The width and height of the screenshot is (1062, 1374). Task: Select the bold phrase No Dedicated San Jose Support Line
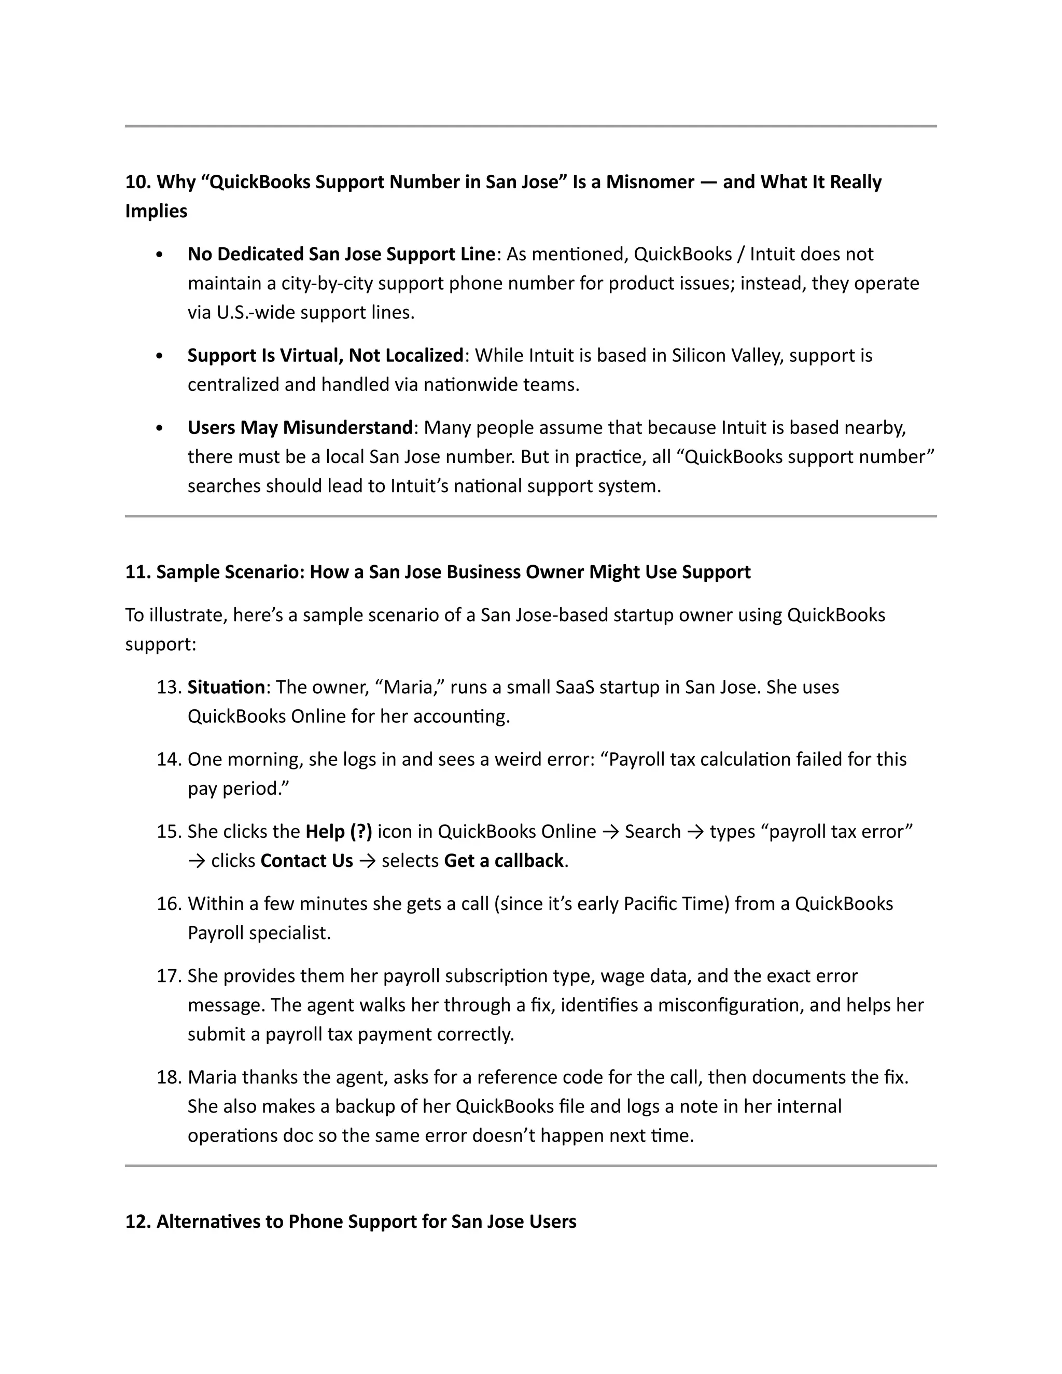[341, 254]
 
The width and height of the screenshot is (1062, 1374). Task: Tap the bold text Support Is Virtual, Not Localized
[325, 356]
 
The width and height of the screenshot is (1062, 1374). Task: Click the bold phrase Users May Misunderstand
[300, 428]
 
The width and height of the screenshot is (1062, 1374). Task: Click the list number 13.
[169, 687]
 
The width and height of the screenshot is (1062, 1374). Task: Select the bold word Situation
[226, 687]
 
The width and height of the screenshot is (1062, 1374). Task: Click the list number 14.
[169, 760]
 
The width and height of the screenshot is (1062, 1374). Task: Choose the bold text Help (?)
[339, 832]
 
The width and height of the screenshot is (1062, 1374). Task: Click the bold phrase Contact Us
[306, 861]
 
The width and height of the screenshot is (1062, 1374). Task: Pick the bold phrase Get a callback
[504, 861]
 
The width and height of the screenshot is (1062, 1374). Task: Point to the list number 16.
[169, 904]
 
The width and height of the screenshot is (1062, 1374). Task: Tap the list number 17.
[169, 976]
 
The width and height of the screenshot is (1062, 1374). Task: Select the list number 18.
[169, 1078]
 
